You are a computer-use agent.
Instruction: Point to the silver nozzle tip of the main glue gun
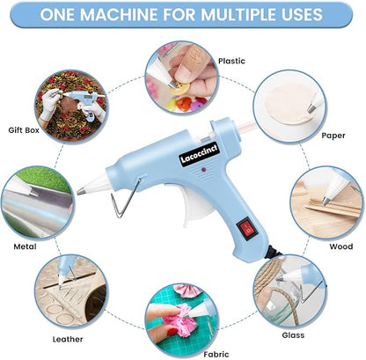click(x=80, y=191)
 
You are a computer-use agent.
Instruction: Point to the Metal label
click(x=24, y=247)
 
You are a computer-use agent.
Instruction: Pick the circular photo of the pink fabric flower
click(x=182, y=315)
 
